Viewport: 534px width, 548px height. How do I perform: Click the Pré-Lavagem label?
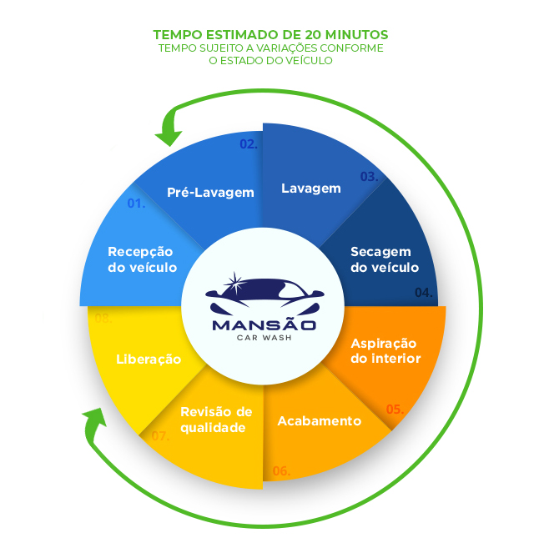point(209,193)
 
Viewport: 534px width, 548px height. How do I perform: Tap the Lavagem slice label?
point(310,189)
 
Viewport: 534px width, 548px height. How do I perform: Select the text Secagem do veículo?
point(384,259)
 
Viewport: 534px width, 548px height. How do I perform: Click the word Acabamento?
point(319,420)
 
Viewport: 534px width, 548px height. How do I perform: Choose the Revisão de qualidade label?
point(215,420)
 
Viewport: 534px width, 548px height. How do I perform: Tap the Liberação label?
point(149,359)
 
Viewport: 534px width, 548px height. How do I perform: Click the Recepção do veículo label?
point(142,259)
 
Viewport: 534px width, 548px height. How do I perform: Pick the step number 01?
point(136,204)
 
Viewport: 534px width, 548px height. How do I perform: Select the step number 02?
point(249,143)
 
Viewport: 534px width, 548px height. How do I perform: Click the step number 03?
point(369,177)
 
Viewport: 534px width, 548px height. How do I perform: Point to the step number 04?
point(424,293)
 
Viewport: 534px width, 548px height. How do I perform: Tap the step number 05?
point(395,410)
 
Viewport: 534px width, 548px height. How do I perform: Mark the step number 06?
point(281,471)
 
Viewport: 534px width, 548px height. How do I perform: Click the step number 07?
point(160,435)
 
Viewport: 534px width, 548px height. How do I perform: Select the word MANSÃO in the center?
point(264,324)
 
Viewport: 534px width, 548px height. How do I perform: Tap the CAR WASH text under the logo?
point(263,338)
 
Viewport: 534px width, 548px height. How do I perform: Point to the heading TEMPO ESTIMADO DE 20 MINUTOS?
point(270,34)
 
